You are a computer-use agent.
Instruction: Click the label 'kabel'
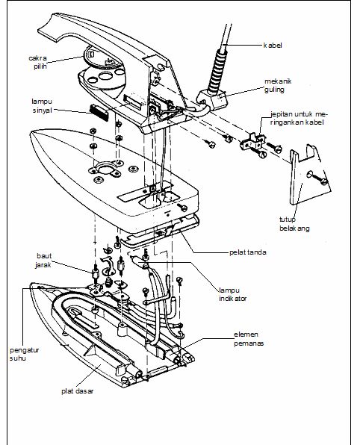click(273, 46)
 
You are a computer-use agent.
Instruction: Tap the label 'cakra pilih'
click(38, 62)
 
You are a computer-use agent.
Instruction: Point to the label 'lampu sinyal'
click(42, 106)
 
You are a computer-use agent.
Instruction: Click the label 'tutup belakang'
click(294, 224)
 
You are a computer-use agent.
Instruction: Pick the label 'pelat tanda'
click(248, 252)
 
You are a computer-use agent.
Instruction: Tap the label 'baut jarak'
click(44, 261)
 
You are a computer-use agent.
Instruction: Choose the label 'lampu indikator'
click(233, 294)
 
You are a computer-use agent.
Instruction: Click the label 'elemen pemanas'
click(249, 339)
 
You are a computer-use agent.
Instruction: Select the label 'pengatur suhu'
click(24, 354)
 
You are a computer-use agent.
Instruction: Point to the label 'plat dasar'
click(78, 391)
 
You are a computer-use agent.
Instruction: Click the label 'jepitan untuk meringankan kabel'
click(299, 119)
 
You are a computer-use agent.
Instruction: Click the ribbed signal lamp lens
click(99, 113)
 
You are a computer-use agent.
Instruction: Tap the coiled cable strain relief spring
click(217, 71)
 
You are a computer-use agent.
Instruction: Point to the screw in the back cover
click(318, 178)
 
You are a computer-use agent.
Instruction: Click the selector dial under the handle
click(103, 61)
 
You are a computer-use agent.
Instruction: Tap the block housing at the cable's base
click(212, 99)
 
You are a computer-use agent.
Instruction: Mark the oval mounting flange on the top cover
click(105, 169)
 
